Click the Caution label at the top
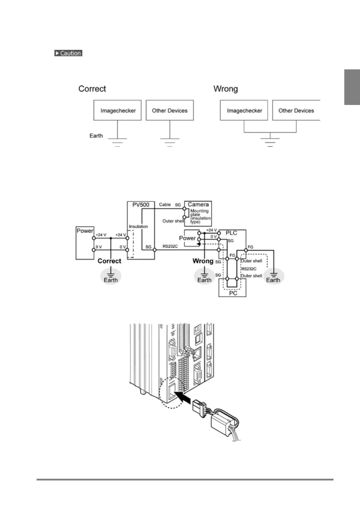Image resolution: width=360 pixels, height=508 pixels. pyautogui.click(x=68, y=53)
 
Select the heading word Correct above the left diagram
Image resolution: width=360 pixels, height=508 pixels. pyautogui.click(x=92, y=89)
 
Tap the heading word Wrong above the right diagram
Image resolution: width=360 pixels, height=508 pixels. pyautogui.click(x=225, y=89)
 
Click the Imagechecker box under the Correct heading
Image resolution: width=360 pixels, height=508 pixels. pyautogui.click(x=118, y=111)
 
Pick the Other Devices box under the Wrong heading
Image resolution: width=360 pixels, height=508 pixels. pyautogui.click(x=296, y=111)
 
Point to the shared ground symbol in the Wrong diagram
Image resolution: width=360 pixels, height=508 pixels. pyautogui.click(x=270, y=141)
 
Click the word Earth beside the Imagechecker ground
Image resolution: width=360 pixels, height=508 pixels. pyautogui.click(x=96, y=136)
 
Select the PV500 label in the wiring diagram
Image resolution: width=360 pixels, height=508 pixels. pyautogui.click(x=141, y=205)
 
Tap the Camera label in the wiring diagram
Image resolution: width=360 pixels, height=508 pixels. pyautogui.click(x=198, y=204)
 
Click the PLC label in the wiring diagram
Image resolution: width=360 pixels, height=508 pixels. pyautogui.click(x=231, y=233)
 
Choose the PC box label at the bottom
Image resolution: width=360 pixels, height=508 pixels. pyautogui.click(x=233, y=293)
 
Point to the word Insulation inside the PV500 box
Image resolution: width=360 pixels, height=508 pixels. pyautogui.click(x=138, y=226)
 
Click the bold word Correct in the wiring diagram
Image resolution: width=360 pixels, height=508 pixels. pyautogui.click(x=109, y=261)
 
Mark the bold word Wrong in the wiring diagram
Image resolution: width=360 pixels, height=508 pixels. pyautogui.click(x=203, y=261)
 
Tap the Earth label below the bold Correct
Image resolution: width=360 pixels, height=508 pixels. pyautogui.click(x=111, y=280)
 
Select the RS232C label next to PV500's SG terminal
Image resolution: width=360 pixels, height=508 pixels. pyautogui.click(x=170, y=247)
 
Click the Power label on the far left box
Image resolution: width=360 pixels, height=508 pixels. pyautogui.click(x=85, y=231)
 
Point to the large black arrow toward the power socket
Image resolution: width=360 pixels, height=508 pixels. pyautogui.click(x=183, y=397)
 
